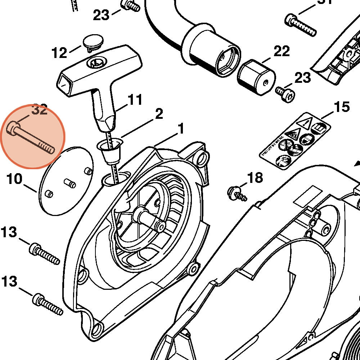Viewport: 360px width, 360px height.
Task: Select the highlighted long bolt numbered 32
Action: pyautogui.click(x=31, y=138)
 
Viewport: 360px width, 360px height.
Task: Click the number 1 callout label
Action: pyautogui.click(x=180, y=129)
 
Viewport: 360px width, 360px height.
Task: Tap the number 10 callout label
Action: pyautogui.click(x=14, y=179)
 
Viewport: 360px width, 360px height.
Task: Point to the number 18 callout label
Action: pyautogui.click(x=255, y=177)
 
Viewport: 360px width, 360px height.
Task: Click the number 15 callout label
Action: pyautogui.click(x=341, y=107)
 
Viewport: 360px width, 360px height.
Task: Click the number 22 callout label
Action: pyautogui.click(x=282, y=51)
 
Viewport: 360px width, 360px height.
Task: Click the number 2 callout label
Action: pyautogui.click(x=159, y=114)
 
